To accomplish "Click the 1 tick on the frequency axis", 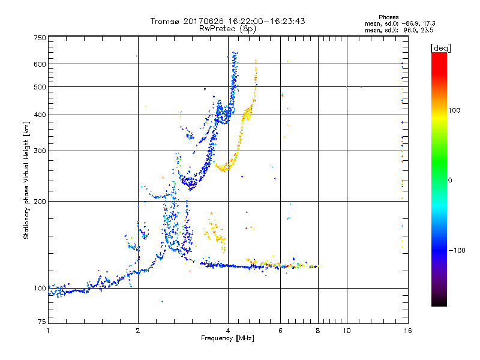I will point(48,331).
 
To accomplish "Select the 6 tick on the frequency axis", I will point(281,331).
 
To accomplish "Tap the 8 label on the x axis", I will point(318,331).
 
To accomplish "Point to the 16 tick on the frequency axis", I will point(407,331).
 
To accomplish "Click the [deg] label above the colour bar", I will point(441,47).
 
